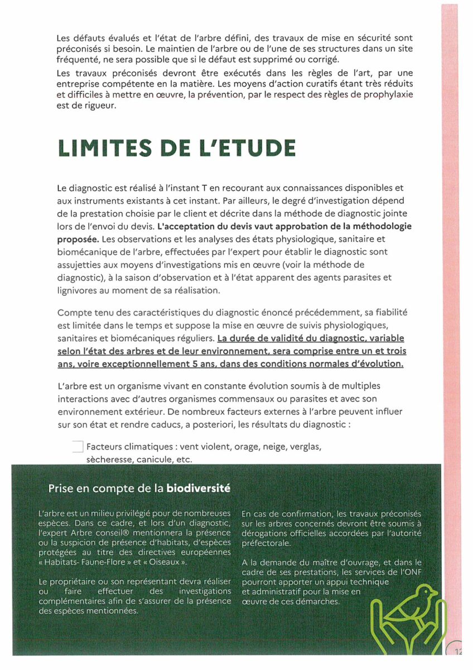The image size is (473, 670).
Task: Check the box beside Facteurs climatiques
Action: pyautogui.click(x=78, y=447)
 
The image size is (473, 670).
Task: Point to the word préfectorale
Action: pyautogui.click(x=266, y=543)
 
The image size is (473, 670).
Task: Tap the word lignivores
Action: pyautogui.click(x=79, y=290)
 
